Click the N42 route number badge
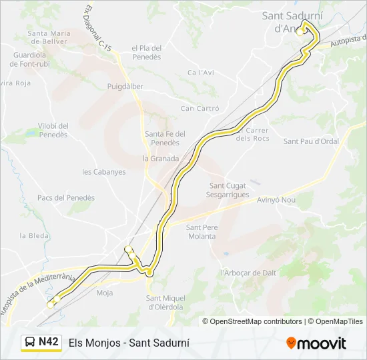48,342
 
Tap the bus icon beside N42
31,343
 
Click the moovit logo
316,343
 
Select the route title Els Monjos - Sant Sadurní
129,343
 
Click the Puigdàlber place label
125,87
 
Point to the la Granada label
161,159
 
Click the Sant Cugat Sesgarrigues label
229,190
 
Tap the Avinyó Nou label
276,199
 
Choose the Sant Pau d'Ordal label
311,141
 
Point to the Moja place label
105,293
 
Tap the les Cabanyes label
103,172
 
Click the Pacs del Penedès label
66,198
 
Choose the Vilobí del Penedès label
53,130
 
